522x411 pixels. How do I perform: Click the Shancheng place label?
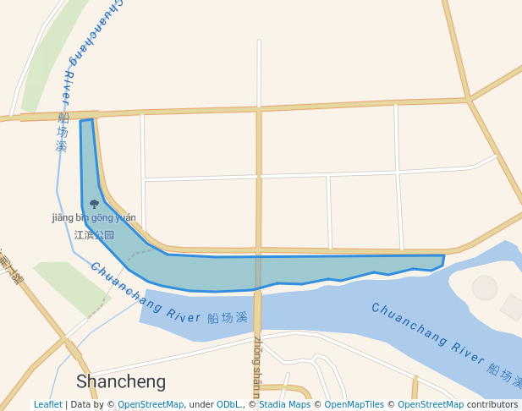tap(121, 381)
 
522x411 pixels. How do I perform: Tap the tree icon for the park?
tap(94, 204)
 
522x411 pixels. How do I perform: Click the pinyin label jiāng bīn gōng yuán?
tap(94, 217)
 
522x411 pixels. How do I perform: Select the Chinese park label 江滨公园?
tap(94, 234)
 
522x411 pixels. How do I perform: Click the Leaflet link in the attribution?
tap(47, 404)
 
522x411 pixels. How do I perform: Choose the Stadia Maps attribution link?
tap(284, 404)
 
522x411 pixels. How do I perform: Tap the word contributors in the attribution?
tap(492, 404)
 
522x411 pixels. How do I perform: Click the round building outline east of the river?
tap(485, 288)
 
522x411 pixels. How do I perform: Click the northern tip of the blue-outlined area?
tap(86, 121)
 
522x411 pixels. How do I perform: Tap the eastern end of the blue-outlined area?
tap(442, 259)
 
